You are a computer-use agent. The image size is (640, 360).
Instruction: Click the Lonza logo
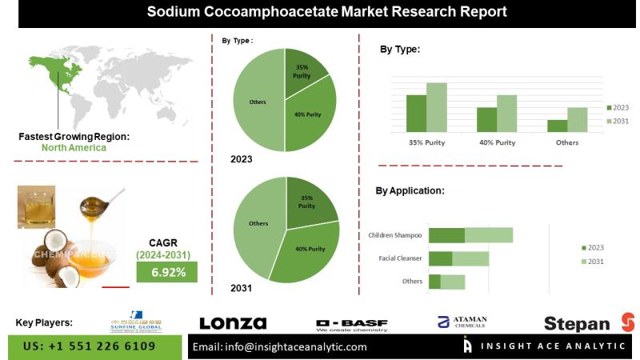(x=232, y=323)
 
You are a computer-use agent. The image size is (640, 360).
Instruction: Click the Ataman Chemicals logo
(x=462, y=322)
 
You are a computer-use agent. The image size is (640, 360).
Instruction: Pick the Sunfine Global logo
(x=136, y=322)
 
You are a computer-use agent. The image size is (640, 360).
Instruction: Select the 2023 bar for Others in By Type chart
(x=557, y=126)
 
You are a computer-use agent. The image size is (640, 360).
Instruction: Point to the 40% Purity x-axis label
(x=497, y=142)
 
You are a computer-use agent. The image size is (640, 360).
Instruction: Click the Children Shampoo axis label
(x=395, y=235)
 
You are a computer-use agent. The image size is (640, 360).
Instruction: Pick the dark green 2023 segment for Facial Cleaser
(x=441, y=258)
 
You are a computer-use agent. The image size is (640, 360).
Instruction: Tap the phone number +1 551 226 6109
(x=90, y=346)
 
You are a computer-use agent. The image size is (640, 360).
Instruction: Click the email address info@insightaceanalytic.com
(x=280, y=346)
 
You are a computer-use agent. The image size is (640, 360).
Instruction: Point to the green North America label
(x=74, y=148)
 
